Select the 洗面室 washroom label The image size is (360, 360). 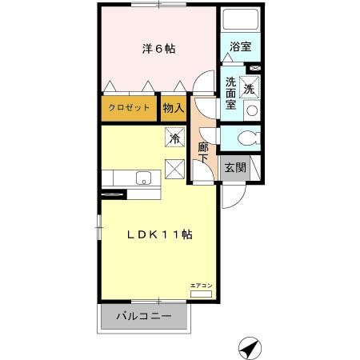pyautogui.click(x=230, y=93)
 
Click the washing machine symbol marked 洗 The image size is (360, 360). pyautogui.click(x=250, y=88)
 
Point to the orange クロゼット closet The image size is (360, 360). pyautogui.click(x=130, y=108)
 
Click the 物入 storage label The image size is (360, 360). pyautogui.click(x=174, y=108)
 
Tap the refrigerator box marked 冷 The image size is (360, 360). pyautogui.click(x=174, y=137)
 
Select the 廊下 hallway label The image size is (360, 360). pyautogui.click(x=202, y=153)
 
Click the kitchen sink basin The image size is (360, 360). pyautogui.click(x=144, y=178)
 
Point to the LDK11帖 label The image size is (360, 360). pyautogui.click(x=161, y=234)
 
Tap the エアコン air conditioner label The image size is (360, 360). pyautogui.click(x=201, y=286)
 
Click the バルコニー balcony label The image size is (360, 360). pyautogui.click(x=144, y=317)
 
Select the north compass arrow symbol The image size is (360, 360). pyautogui.click(x=250, y=349)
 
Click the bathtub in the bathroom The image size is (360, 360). pyautogui.click(x=238, y=19)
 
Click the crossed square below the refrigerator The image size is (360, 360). pyautogui.click(x=174, y=168)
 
